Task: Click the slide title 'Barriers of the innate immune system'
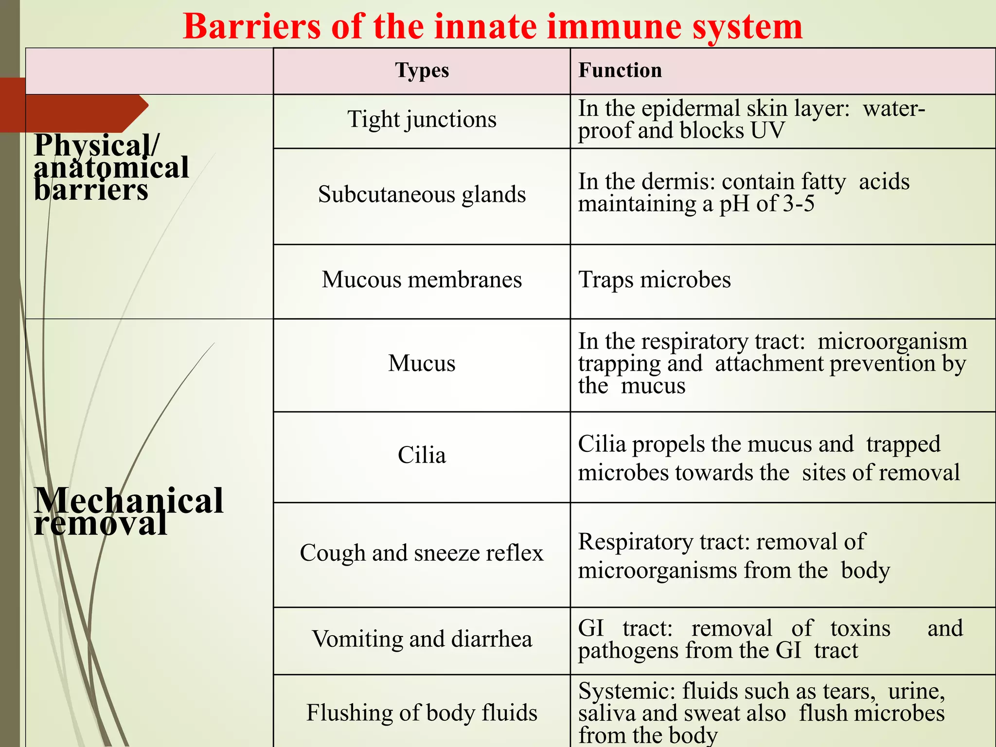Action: tap(492, 27)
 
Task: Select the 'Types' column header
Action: tap(422, 71)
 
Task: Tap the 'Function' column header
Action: tap(620, 71)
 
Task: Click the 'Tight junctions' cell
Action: tap(422, 119)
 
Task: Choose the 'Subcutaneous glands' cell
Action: tap(422, 195)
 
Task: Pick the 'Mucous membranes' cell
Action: tap(422, 280)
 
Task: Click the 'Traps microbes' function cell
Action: tap(654, 280)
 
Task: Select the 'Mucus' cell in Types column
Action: tap(422, 363)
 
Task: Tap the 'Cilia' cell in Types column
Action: tap(422, 455)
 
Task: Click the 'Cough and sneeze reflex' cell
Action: tap(422, 553)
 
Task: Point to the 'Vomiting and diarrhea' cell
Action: tap(422, 639)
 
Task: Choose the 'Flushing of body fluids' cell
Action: tap(422, 713)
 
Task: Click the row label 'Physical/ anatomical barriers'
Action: tap(111, 167)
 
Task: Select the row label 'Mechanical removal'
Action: tap(128, 512)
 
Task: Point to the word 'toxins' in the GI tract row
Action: tap(860, 628)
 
